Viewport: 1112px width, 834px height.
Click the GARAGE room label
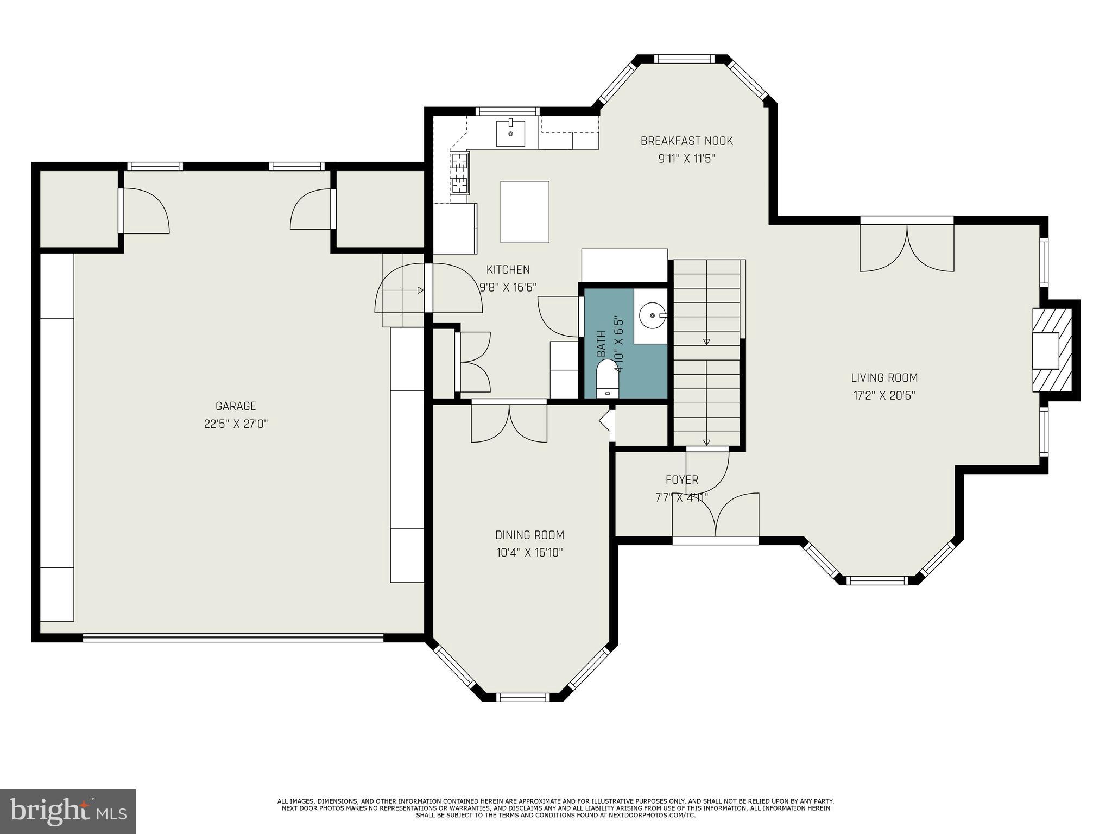[x=236, y=406]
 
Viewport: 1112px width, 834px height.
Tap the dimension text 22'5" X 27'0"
[x=236, y=424]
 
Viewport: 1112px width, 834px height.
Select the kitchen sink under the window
[x=510, y=134]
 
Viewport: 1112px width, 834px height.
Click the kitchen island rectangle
[x=525, y=212]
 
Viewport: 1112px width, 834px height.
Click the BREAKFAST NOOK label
[x=686, y=141]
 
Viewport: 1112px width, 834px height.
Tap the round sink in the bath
[x=650, y=315]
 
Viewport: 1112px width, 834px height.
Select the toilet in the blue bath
[x=607, y=379]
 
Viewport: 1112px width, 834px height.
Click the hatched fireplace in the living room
[x=1052, y=350]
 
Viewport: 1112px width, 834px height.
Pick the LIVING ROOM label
[x=884, y=378]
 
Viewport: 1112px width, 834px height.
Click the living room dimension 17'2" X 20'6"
[x=884, y=396]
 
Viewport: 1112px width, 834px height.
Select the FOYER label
[x=682, y=480]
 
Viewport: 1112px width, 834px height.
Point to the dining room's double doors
[x=509, y=422]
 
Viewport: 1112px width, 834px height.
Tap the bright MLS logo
[x=68, y=811]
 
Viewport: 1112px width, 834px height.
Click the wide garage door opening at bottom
[x=233, y=638]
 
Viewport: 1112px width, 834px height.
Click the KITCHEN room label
[x=508, y=270]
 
